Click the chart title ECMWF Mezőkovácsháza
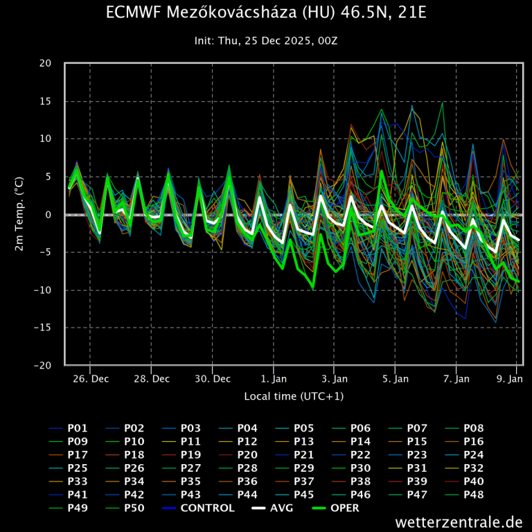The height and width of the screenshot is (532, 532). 266,13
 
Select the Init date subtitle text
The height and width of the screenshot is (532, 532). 266,41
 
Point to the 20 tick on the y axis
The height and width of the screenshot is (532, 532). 46,63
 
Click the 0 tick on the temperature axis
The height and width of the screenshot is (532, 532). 48,214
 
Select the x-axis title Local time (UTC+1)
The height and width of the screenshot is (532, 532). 294,396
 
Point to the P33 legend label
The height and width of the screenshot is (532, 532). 78,481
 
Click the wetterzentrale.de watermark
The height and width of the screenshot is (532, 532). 459,522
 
